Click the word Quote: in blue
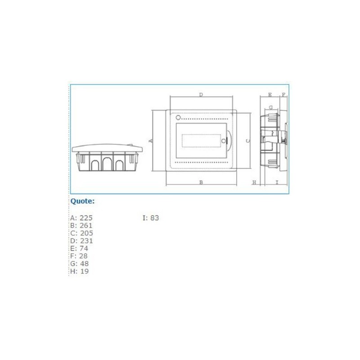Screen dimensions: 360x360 (82, 201)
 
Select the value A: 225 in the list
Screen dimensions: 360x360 (81, 218)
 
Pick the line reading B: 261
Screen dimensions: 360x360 (81, 225)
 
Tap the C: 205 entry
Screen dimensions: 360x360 (81, 233)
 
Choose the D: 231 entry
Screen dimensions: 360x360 (81, 241)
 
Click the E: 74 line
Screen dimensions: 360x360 (79, 248)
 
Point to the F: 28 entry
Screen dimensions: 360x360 (79, 256)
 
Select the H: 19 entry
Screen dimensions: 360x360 (79, 272)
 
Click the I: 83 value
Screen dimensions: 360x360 (151, 218)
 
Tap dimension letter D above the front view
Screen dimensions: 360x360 (201, 95)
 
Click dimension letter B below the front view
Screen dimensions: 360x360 (201, 182)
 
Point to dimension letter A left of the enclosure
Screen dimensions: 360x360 (151, 141)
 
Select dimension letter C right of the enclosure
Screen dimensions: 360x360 (247, 141)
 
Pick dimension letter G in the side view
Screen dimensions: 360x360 (270, 108)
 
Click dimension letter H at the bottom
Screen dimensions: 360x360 (254, 182)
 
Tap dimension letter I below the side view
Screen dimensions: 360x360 (277, 182)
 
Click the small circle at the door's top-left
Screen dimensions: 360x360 (178, 117)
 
